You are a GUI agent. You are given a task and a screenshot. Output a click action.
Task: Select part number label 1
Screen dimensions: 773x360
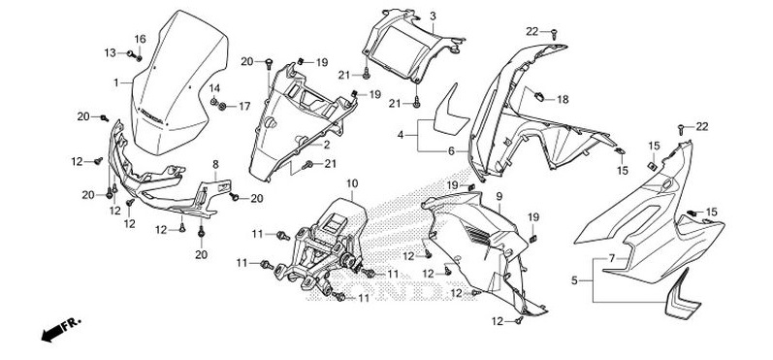coord(116,82)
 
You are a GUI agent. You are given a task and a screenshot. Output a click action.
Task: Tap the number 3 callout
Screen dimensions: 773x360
coord(433,16)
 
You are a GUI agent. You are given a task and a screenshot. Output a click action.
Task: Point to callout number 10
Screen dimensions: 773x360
coord(351,184)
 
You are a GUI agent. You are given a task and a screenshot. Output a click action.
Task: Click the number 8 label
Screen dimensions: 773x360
coord(215,164)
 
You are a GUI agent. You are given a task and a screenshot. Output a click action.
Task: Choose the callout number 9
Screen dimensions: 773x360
coord(499,197)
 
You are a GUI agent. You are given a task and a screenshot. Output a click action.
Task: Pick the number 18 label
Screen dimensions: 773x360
coord(563,100)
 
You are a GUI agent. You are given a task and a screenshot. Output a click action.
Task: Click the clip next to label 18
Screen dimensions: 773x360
coord(539,97)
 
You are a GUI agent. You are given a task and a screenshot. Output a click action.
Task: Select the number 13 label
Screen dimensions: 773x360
coord(110,52)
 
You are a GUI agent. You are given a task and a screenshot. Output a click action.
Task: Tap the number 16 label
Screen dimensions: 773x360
coord(140,40)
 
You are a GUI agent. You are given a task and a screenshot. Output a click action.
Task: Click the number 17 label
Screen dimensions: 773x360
coord(244,107)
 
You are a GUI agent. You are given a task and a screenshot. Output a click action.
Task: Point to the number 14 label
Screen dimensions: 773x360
coord(213,88)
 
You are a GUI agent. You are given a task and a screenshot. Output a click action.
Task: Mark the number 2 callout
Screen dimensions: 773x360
coord(326,145)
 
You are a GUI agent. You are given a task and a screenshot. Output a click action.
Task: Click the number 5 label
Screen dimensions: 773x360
coord(574,281)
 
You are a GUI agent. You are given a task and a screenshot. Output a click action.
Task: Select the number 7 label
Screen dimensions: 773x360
coord(612,258)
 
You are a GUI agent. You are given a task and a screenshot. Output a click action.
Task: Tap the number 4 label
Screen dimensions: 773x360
coord(401,134)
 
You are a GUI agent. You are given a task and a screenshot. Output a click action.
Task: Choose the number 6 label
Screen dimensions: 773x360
coord(451,151)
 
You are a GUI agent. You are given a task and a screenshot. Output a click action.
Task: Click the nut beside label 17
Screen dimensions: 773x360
coord(222,106)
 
